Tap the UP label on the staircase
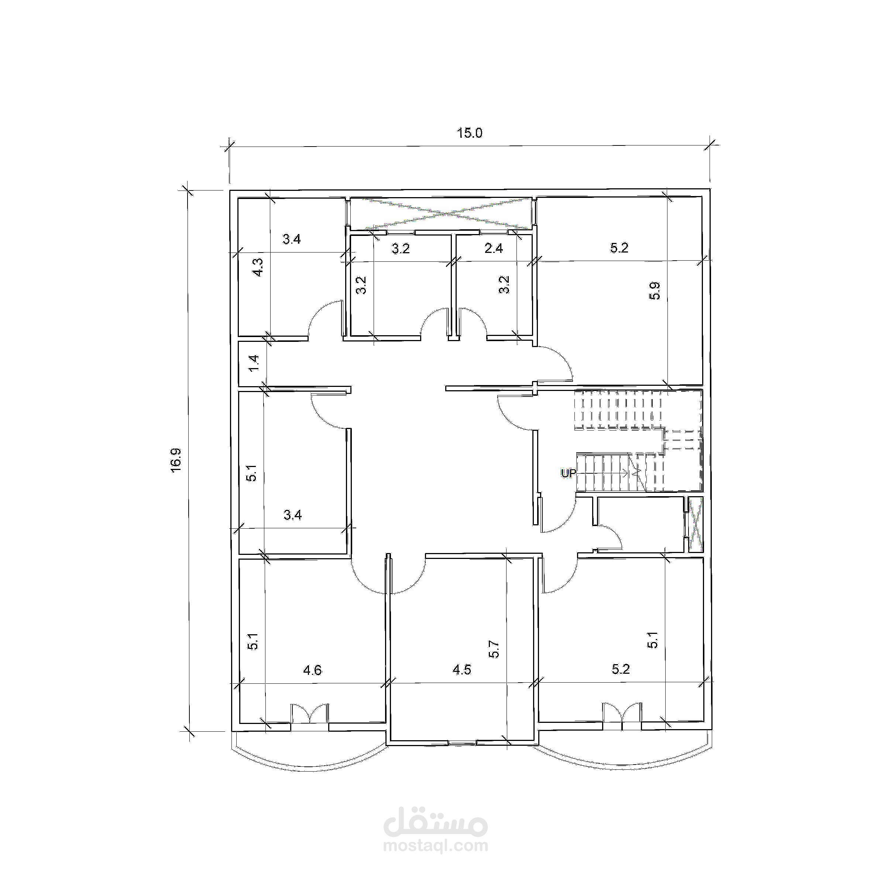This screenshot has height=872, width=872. coord(568,473)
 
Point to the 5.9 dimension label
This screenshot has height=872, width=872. coord(655,290)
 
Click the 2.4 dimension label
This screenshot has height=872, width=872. coord(493,248)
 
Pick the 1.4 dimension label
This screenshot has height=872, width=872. coord(254,363)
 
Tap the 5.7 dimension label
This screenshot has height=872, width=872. coord(494,649)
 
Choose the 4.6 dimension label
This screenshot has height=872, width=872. coord(312,670)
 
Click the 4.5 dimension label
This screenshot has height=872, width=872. coord(462,669)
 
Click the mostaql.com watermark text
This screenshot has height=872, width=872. coord(436,845)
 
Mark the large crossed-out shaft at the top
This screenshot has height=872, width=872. coord(441,213)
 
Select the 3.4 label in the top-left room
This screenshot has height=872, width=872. coord(292,239)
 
